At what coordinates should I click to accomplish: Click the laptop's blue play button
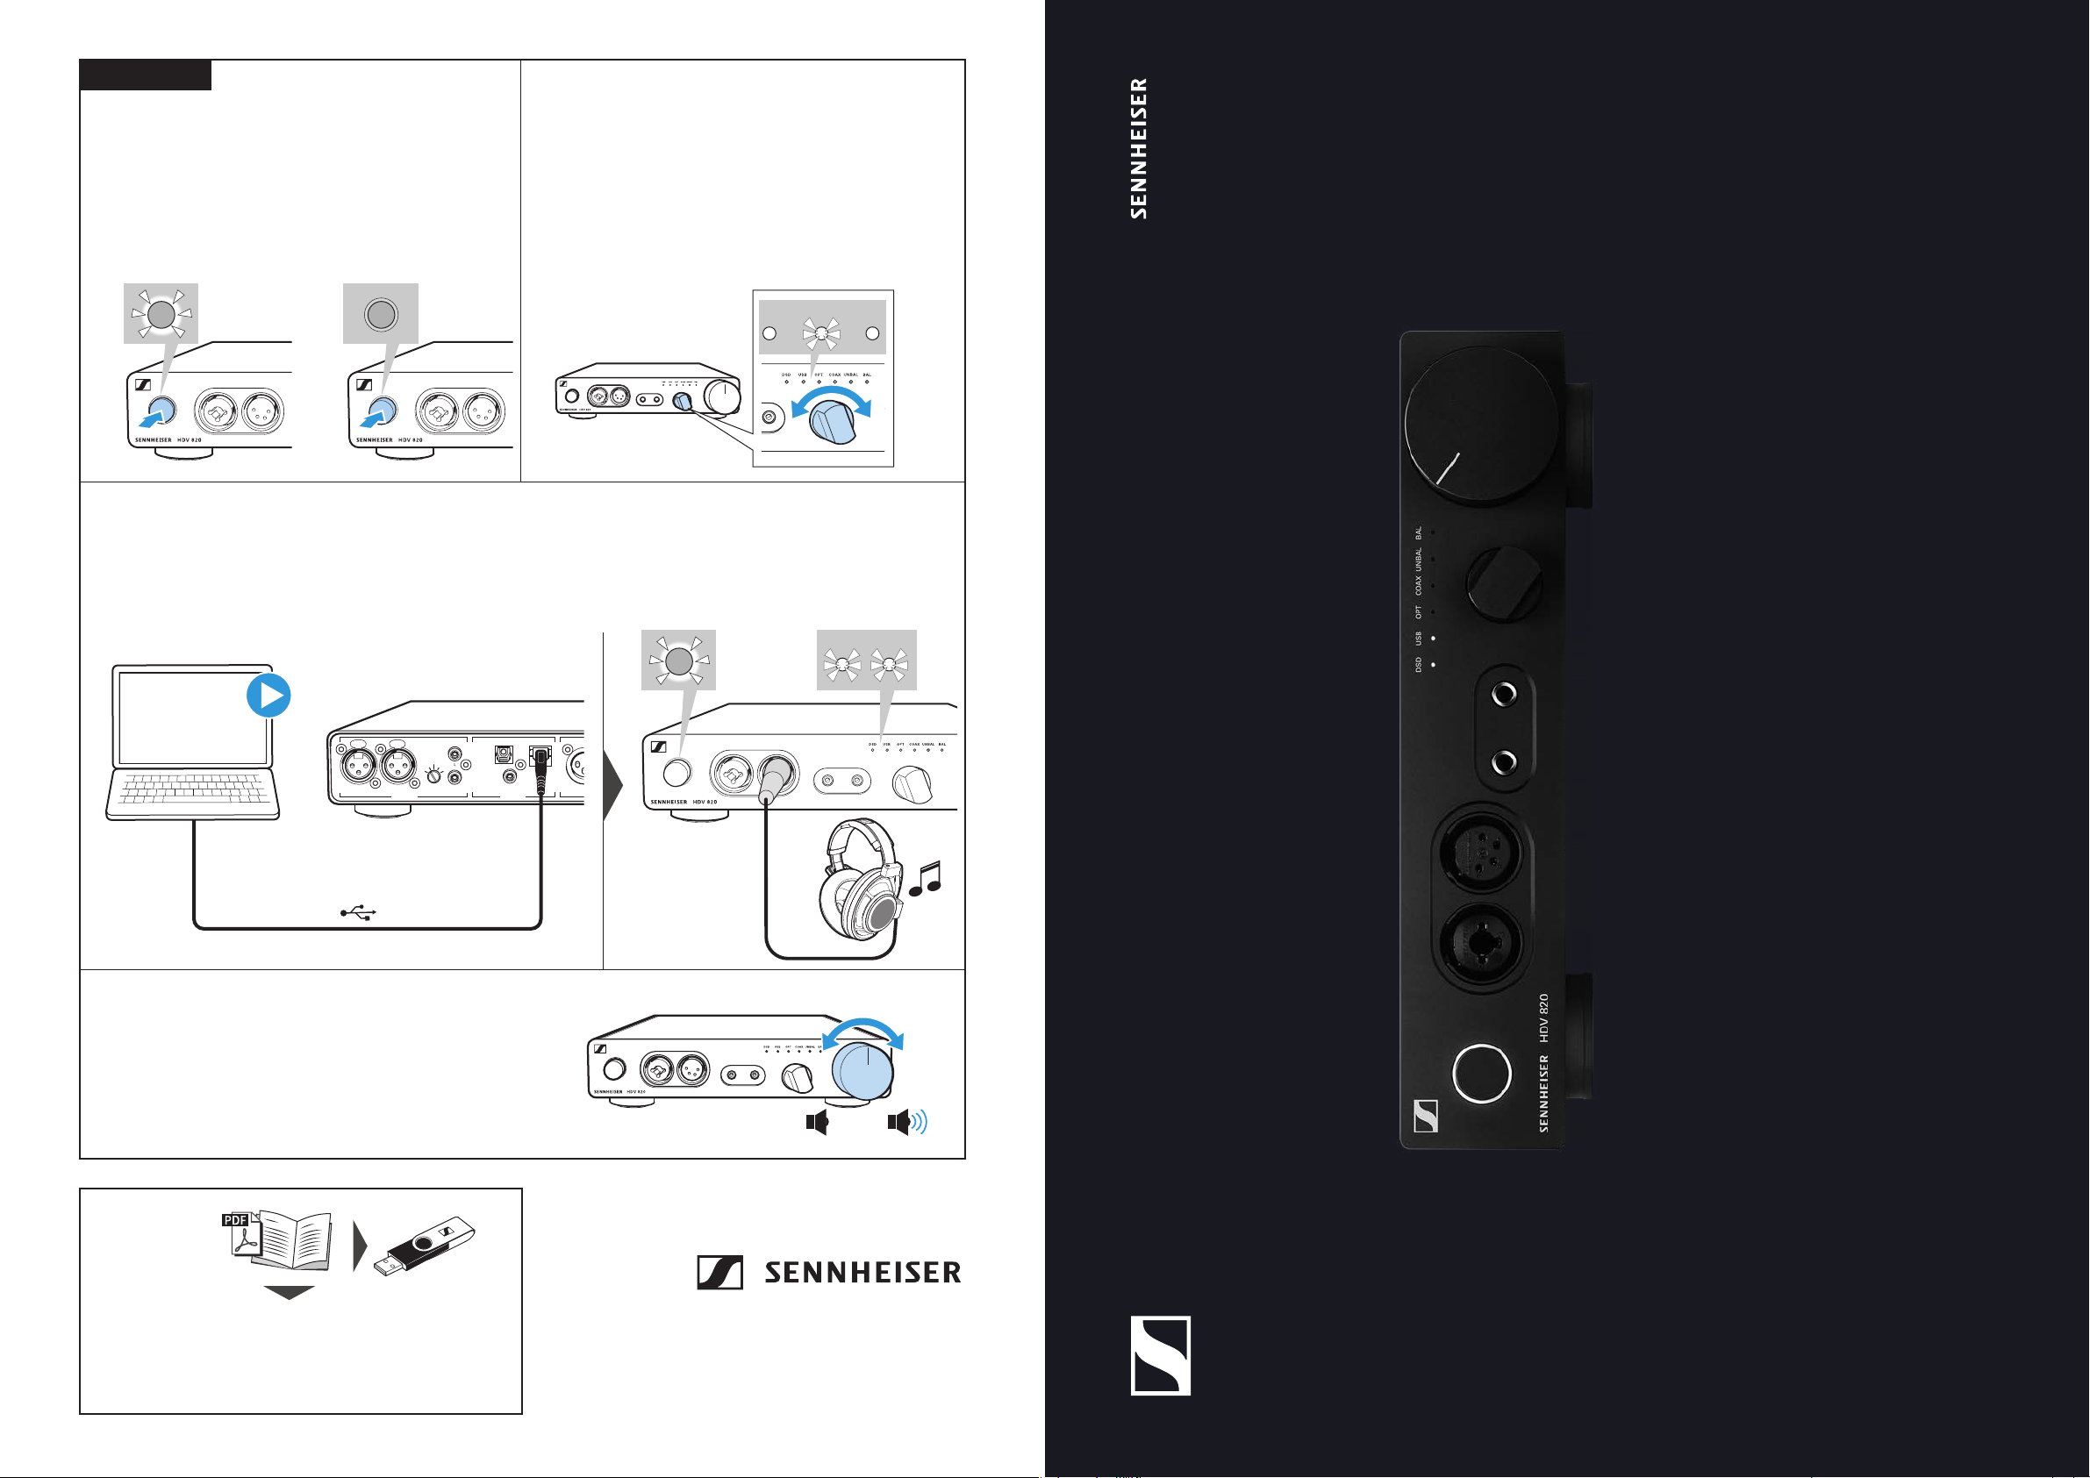[268, 696]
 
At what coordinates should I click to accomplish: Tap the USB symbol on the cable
[359, 912]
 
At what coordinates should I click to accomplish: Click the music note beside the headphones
[926, 879]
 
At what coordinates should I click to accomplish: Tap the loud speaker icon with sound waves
[906, 1122]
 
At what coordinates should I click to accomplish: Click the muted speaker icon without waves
[817, 1122]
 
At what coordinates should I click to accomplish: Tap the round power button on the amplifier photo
[1482, 1073]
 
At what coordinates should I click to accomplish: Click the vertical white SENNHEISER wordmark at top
[1139, 148]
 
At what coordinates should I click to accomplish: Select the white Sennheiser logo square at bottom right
[1161, 1355]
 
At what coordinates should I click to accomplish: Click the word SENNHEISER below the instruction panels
[862, 1273]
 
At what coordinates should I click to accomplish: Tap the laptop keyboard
[193, 789]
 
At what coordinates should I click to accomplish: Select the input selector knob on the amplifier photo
[1504, 583]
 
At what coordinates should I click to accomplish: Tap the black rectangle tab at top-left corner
[146, 75]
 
